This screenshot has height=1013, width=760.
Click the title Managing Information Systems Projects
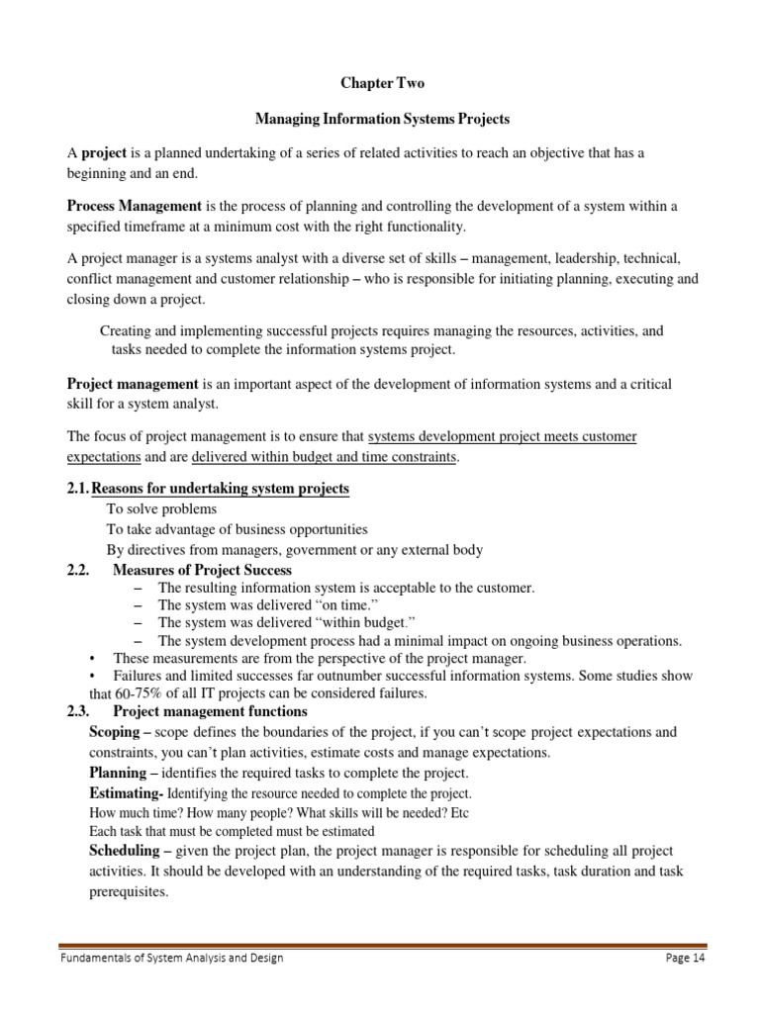tap(382, 119)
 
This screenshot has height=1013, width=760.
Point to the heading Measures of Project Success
tap(203, 570)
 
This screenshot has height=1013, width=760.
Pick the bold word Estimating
tap(124, 792)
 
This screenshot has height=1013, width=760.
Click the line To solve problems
tap(161, 508)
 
